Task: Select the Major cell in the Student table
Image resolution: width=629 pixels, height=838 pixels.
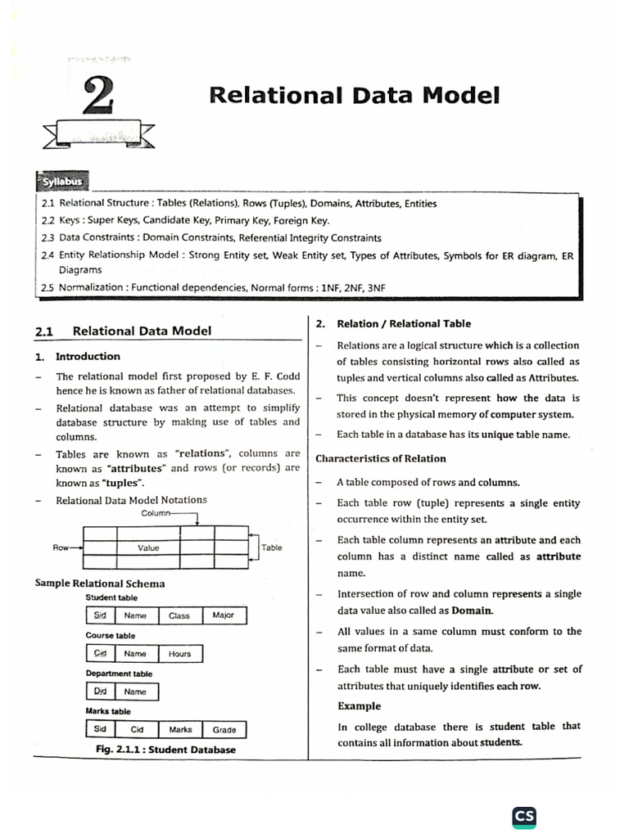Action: click(x=223, y=615)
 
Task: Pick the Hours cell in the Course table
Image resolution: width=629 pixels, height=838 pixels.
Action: click(x=179, y=654)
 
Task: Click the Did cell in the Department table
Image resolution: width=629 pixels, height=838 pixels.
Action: click(x=101, y=692)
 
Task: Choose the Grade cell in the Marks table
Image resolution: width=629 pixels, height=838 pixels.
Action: click(x=224, y=729)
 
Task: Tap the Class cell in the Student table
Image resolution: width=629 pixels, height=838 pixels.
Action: click(x=179, y=615)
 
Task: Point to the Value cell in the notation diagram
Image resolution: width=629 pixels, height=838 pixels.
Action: click(x=148, y=547)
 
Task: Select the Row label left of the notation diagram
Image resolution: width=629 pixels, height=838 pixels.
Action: click(x=61, y=547)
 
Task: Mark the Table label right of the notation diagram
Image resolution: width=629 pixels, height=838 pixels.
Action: click(x=272, y=547)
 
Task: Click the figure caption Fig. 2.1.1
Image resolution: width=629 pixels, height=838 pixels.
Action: click(x=165, y=749)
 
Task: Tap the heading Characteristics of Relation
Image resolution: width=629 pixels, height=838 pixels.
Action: click(x=381, y=458)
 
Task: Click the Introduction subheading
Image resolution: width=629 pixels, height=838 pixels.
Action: click(x=88, y=356)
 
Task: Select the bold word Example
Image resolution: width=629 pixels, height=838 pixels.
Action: click(x=359, y=705)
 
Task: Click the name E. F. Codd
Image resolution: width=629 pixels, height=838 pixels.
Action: click(x=278, y=376)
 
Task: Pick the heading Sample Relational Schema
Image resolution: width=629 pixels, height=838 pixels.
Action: click(x=100, y=583)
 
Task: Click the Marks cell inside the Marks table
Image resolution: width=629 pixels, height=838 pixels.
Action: click(x=180, y=729)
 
